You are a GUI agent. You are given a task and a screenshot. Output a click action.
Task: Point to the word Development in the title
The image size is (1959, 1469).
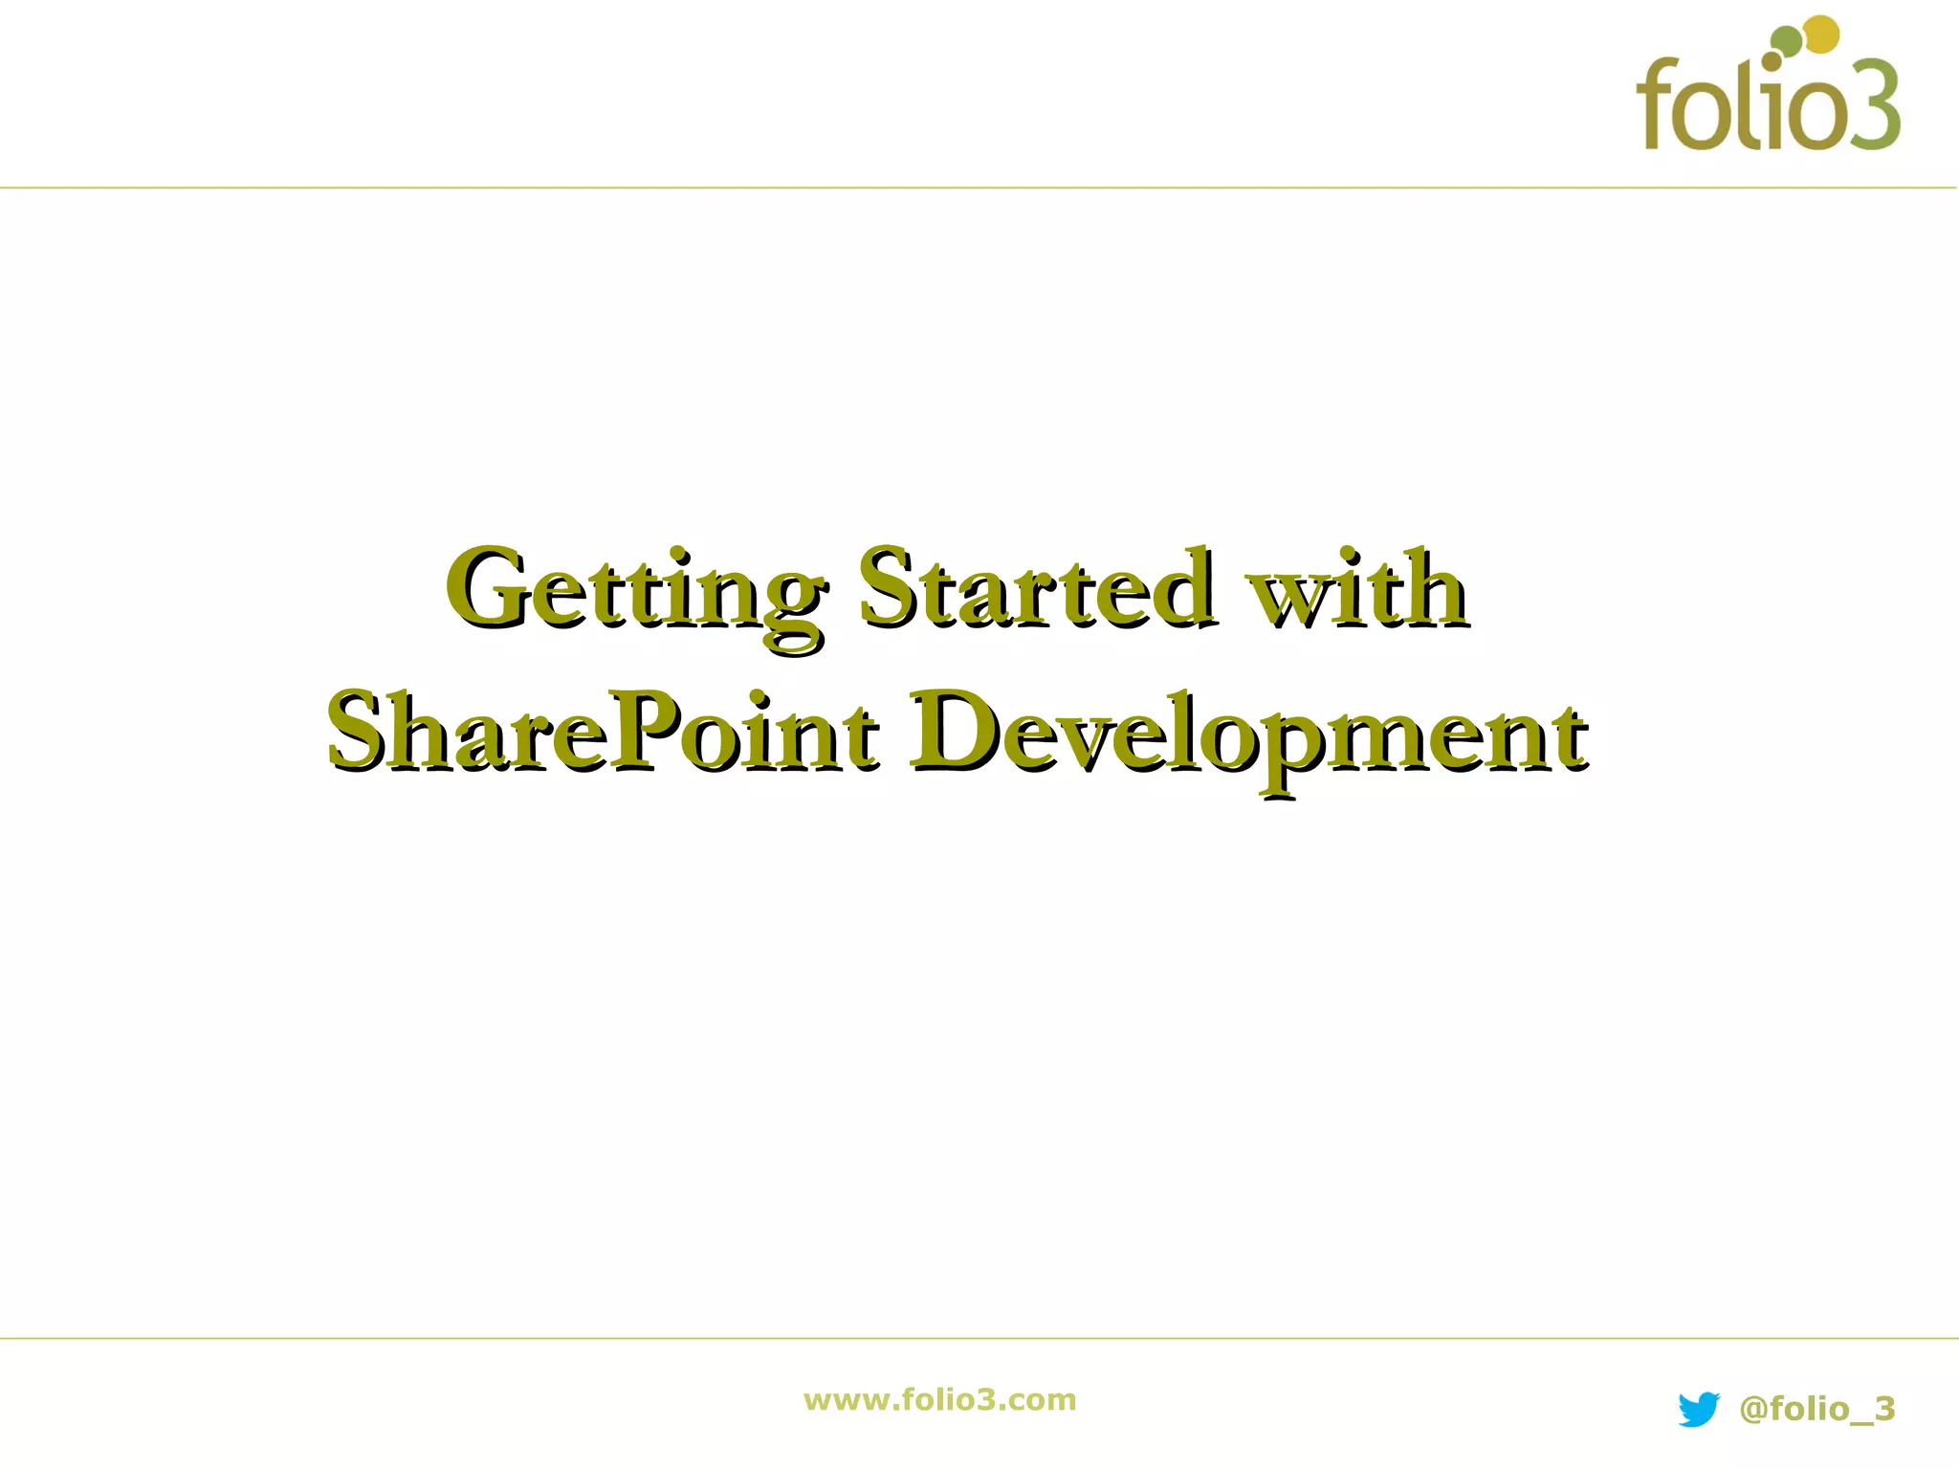pos(1248,734)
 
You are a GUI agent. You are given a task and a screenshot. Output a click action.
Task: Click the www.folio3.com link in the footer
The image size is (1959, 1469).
pos(939,1400)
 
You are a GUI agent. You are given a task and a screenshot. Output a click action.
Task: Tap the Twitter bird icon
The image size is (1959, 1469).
pos(1699,1410)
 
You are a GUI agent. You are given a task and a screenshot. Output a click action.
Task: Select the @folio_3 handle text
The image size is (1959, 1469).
pos(1817,1409)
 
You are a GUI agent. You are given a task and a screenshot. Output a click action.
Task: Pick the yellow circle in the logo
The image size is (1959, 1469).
pos(1822,34)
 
